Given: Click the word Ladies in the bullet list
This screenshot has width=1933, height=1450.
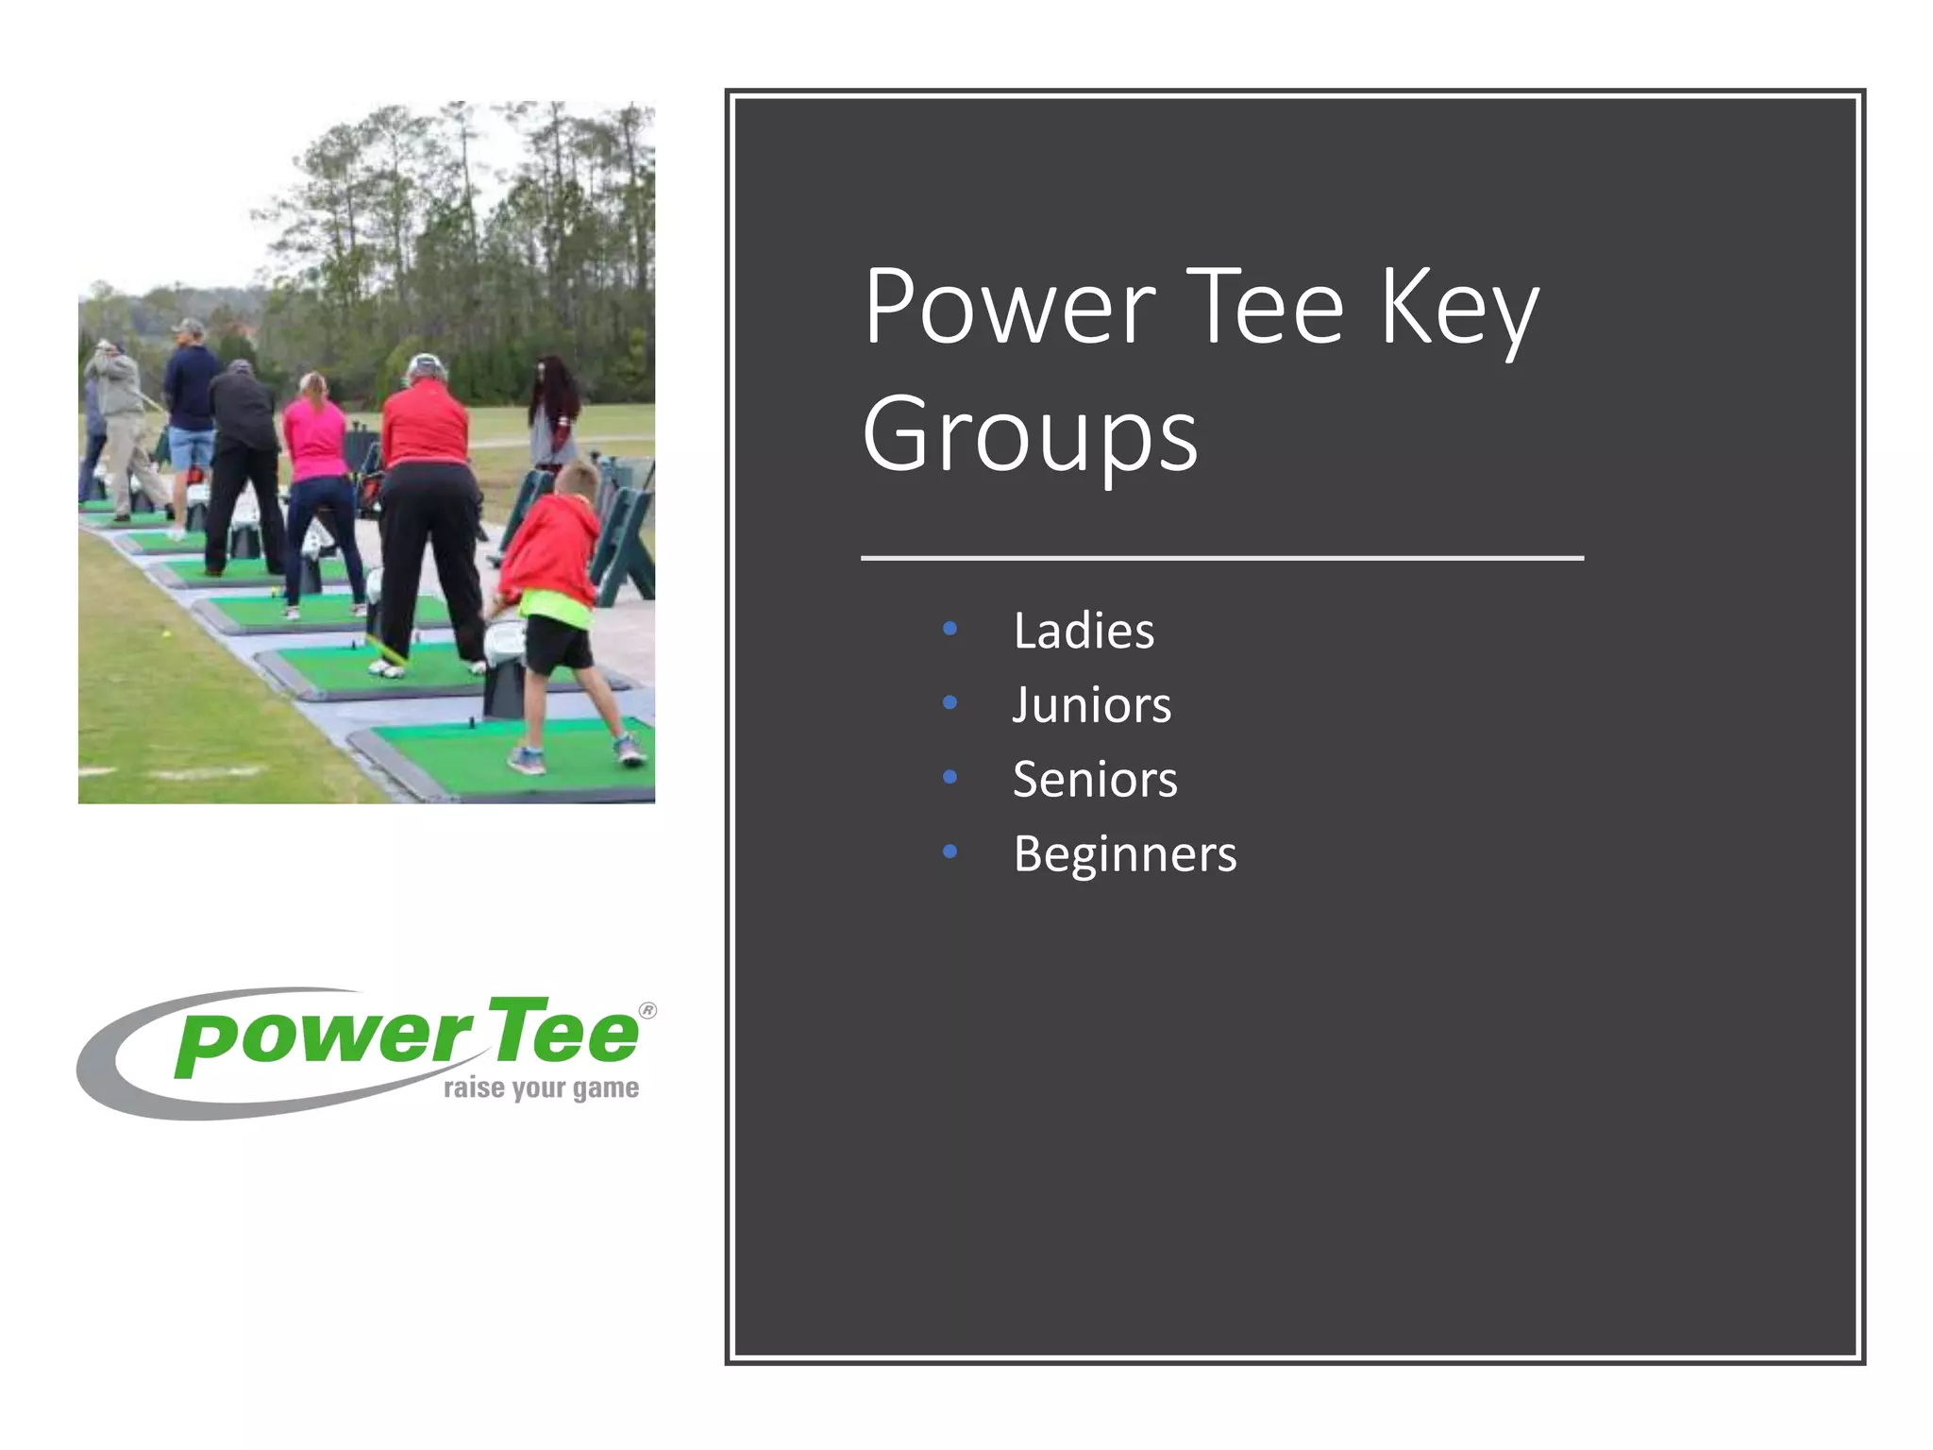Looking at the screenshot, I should (x=1083, y=631).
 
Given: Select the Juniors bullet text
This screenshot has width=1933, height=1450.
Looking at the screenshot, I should (x=1091, y=705).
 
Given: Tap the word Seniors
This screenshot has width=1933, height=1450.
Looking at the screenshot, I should (x=1095, y=780).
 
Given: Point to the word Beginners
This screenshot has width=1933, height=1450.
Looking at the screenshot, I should (x=1124, y=854).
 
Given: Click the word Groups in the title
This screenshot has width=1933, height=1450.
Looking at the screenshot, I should (x=1030, y=435).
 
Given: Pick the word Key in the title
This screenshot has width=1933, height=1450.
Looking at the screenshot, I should (x=1459, y=307).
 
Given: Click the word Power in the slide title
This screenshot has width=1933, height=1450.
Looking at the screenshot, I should (x=1009, y=307).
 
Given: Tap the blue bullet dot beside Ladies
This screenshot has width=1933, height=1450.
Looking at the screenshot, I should (x=950, y=629).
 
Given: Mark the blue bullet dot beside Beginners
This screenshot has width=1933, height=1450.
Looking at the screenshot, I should (x=950, y=852).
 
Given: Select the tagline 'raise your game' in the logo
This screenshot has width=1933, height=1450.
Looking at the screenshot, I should (x=541, y=1088).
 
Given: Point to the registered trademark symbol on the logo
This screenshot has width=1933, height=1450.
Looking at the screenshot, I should (x=647, y=1010).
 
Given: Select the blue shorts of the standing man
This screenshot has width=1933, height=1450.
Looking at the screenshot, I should (x=192, y=447).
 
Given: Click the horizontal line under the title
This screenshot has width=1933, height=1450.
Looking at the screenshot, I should (x=1222, y=559).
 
